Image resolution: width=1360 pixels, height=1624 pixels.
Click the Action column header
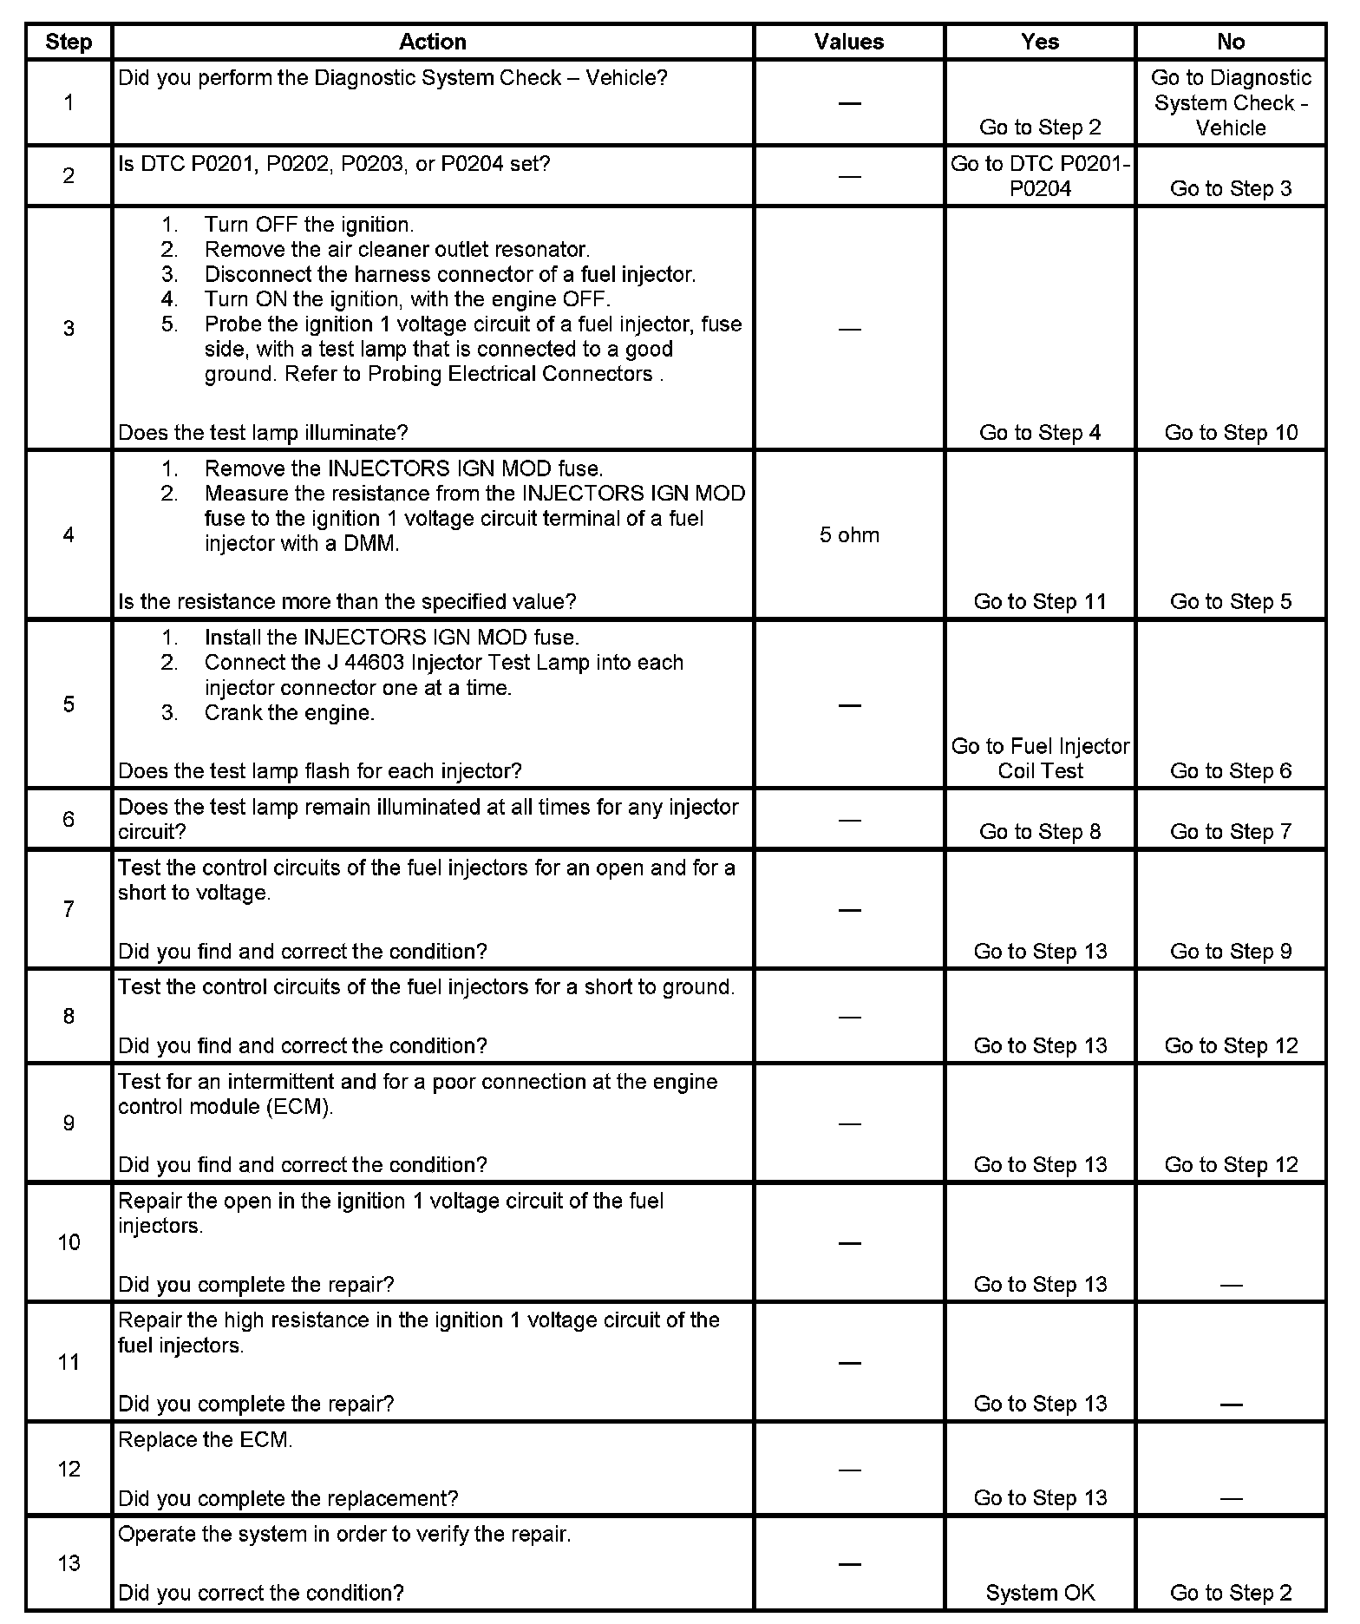click(432, 42)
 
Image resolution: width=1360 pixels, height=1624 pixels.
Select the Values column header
click(848, 42)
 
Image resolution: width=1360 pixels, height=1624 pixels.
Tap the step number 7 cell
click(69, 909)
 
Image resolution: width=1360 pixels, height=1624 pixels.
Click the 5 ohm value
click(849, 535)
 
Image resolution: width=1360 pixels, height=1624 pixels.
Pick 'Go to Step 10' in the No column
click(1231, 433)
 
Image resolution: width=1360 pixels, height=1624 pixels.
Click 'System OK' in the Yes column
click(1040, 1593)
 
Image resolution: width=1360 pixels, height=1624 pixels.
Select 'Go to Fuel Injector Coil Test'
click(1040, 758)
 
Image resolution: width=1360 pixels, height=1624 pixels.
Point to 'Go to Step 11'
click(1040, 602)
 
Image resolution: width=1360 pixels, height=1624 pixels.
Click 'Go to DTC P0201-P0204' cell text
click(1040, 176)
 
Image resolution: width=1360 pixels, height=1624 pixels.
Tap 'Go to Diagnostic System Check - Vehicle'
click(1231, 102)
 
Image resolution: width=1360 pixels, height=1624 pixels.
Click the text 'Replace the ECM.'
click(206, 1440)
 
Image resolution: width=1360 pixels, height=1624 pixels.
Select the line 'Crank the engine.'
click(290, 713)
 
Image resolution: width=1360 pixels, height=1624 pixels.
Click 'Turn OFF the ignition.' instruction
click(309, 225)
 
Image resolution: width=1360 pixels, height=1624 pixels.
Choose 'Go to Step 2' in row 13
click(1231, 1593)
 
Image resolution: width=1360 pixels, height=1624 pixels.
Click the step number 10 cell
click(69, 1242)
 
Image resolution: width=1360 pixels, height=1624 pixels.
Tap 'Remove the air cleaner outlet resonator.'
click(397, 250)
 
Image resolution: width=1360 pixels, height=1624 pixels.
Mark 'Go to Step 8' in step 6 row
click(1040, 832)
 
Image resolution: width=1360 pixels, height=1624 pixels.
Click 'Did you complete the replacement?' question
click(288, 1498)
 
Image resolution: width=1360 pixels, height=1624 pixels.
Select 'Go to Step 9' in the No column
click(1231, 952)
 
